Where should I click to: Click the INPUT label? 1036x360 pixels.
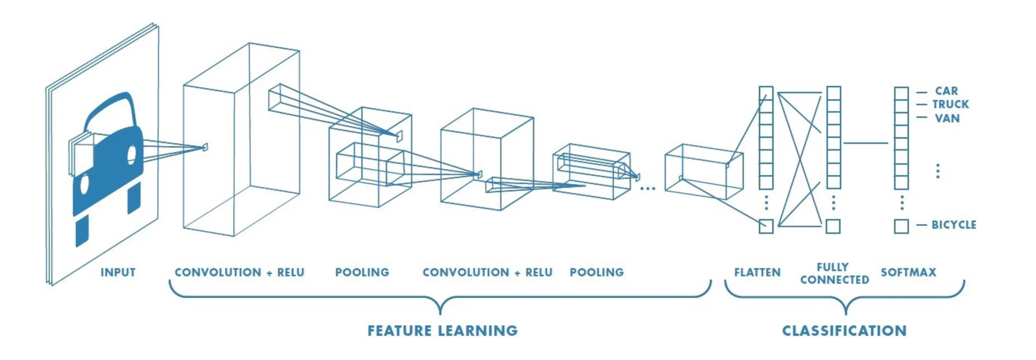118,272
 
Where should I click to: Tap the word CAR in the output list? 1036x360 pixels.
946,91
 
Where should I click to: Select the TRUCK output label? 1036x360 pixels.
951,104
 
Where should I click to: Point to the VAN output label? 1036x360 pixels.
947,118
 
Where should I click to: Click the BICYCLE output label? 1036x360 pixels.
954,225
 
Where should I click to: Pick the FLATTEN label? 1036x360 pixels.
757,272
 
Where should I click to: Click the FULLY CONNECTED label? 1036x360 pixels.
835,274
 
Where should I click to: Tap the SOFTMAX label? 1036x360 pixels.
908,272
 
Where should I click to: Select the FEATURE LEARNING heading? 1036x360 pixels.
442,331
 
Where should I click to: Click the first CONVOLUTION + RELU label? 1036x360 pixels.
239,272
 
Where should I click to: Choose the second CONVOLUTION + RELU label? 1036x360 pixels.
487,272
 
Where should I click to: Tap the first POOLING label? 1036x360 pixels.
362,272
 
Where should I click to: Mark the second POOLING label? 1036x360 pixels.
597,272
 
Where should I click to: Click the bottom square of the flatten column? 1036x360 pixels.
766,226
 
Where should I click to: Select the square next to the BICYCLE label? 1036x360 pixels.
901,226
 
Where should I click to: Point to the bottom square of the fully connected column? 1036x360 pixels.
833,226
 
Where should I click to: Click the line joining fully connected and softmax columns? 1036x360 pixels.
865,143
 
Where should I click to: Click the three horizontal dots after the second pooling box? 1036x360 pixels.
647,188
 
